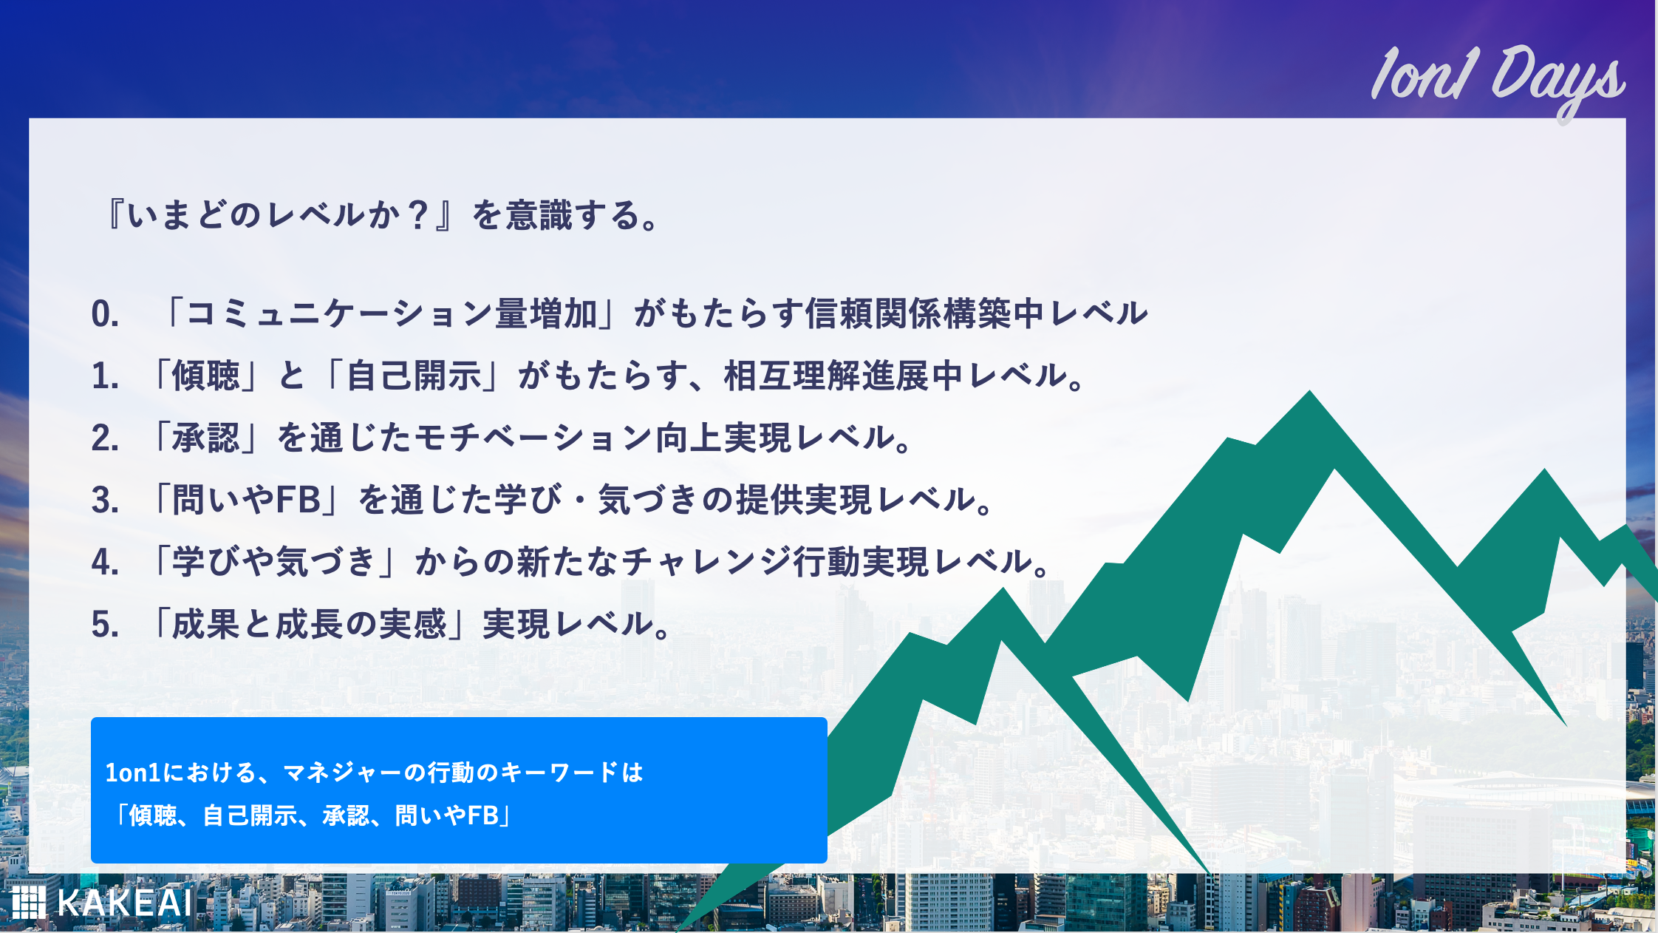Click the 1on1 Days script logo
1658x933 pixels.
1498,80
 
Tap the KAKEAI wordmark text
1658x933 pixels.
124,903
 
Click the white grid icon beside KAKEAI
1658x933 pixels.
28,902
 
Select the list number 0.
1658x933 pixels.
105,314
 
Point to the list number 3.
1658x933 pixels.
105,501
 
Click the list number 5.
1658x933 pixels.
105,625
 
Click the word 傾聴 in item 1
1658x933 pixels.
206,376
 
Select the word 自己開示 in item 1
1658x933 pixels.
414,376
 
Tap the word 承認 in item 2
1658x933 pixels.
206,438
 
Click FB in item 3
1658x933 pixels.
298,500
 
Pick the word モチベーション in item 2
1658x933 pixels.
534,438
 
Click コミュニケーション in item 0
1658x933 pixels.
390,313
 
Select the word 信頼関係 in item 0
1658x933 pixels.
873,313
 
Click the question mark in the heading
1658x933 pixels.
418,215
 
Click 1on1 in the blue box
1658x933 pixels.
133,773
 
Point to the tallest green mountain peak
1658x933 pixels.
1310,392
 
